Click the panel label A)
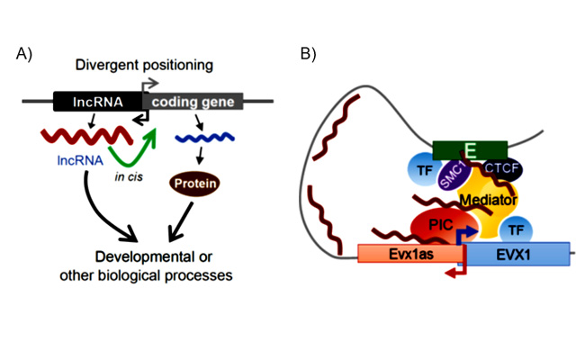[24, 53]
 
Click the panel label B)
[308, 53]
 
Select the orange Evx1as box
[409, 255]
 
